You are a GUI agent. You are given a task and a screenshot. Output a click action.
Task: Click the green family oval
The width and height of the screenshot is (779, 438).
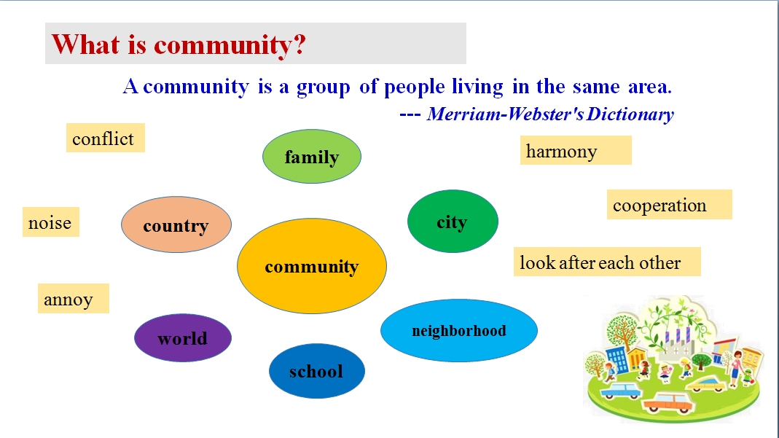[x=311, y=157]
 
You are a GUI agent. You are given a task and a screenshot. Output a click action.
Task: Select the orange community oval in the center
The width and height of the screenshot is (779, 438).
[x=311, y=266]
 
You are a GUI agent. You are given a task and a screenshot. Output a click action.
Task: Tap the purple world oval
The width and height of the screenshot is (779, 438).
[x=183, y=337]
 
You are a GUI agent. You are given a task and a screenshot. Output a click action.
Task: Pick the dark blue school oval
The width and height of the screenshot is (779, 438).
[x=316, y=371]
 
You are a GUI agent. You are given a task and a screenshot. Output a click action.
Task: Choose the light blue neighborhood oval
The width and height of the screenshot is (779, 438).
[x=458, y=330]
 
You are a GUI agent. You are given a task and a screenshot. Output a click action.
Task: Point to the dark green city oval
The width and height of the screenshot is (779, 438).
[x=453, y=221]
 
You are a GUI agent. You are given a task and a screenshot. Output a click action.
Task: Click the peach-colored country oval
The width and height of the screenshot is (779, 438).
[x=176, y=224]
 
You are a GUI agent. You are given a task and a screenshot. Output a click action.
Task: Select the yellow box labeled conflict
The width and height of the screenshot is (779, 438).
[x=106, y=138]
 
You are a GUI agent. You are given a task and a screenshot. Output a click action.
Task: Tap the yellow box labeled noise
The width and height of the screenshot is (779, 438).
[x=51, y=222]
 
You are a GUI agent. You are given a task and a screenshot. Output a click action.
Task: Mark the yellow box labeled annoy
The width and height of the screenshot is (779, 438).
[x=74, y=299]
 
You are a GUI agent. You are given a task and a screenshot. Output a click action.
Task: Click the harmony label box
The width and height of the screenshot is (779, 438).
[x=576, y=150]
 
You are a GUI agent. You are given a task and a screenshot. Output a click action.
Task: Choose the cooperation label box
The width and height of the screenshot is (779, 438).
[x=669, y=204]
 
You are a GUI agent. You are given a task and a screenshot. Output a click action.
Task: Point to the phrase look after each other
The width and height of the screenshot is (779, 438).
[x=600, y=262]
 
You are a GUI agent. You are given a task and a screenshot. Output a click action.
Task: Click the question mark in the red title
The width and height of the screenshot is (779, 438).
[x=299, y=44]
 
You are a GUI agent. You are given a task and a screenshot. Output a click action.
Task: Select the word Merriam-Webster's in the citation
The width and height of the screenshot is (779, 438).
[x=505, y=114]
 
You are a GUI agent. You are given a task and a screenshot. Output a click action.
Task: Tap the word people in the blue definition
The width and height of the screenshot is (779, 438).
[x=415, y=87]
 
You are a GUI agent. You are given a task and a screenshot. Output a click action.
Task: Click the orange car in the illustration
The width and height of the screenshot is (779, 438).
[x=667, y=403]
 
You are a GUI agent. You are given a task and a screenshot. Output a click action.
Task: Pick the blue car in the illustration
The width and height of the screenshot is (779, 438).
[x=621, y=391]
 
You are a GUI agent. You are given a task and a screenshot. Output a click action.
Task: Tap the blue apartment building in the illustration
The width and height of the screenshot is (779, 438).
[x=617, y=359]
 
